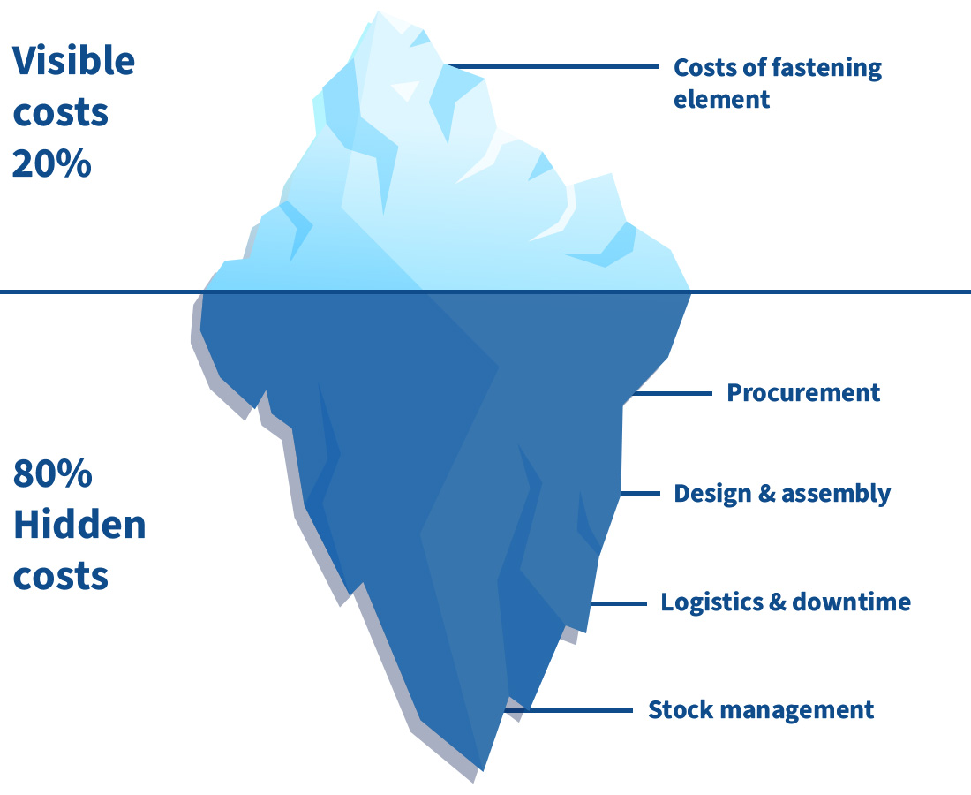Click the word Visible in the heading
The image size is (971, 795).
click(x=74, y=62)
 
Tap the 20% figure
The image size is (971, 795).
click(x=52, y=164)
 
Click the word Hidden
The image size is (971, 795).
click(x=79, y=526)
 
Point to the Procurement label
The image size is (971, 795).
click(x=803, y=392)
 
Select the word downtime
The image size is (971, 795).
click(x=851, y=602)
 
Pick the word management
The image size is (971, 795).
click(x=799, y=709)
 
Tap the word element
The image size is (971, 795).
click(x=721, y=98)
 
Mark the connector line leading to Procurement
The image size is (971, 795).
click(x=671, y=392)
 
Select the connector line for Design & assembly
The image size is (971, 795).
click(x=643, y=493)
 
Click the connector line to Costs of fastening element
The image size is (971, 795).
click(x=556, y=67)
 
